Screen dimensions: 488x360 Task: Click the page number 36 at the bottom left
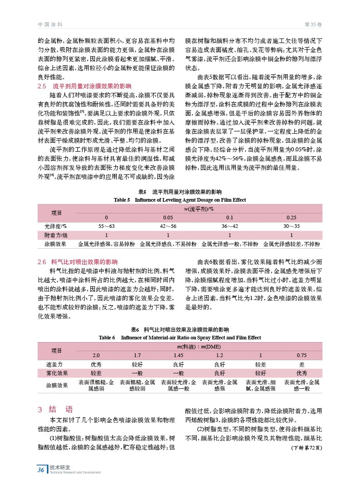click(x=41, y=469)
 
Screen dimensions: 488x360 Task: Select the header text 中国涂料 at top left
click(x=50, y=24)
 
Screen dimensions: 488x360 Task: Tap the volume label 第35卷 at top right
click(x=313, y=24)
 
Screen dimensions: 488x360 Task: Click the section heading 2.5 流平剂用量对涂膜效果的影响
click(x=84, y=86)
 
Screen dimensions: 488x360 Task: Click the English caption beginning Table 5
click(x=180, y=199)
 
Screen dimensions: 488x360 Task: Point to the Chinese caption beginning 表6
click(x=180, y=329)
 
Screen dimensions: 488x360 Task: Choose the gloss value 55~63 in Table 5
click(x=106, y=226)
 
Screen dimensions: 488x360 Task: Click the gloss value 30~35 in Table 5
click(x=292, y=226)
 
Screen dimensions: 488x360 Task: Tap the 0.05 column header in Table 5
click(x=168, y=217)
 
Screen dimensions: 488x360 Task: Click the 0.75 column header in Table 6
click(x=302, y=355)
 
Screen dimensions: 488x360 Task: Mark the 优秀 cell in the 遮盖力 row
click(x=96, y=364)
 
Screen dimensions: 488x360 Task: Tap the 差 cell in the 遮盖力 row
click(x=302, y=364)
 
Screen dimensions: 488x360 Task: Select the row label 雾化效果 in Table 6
click(x=57, y=373)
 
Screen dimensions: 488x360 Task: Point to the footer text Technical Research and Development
click(x=75, y=472)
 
